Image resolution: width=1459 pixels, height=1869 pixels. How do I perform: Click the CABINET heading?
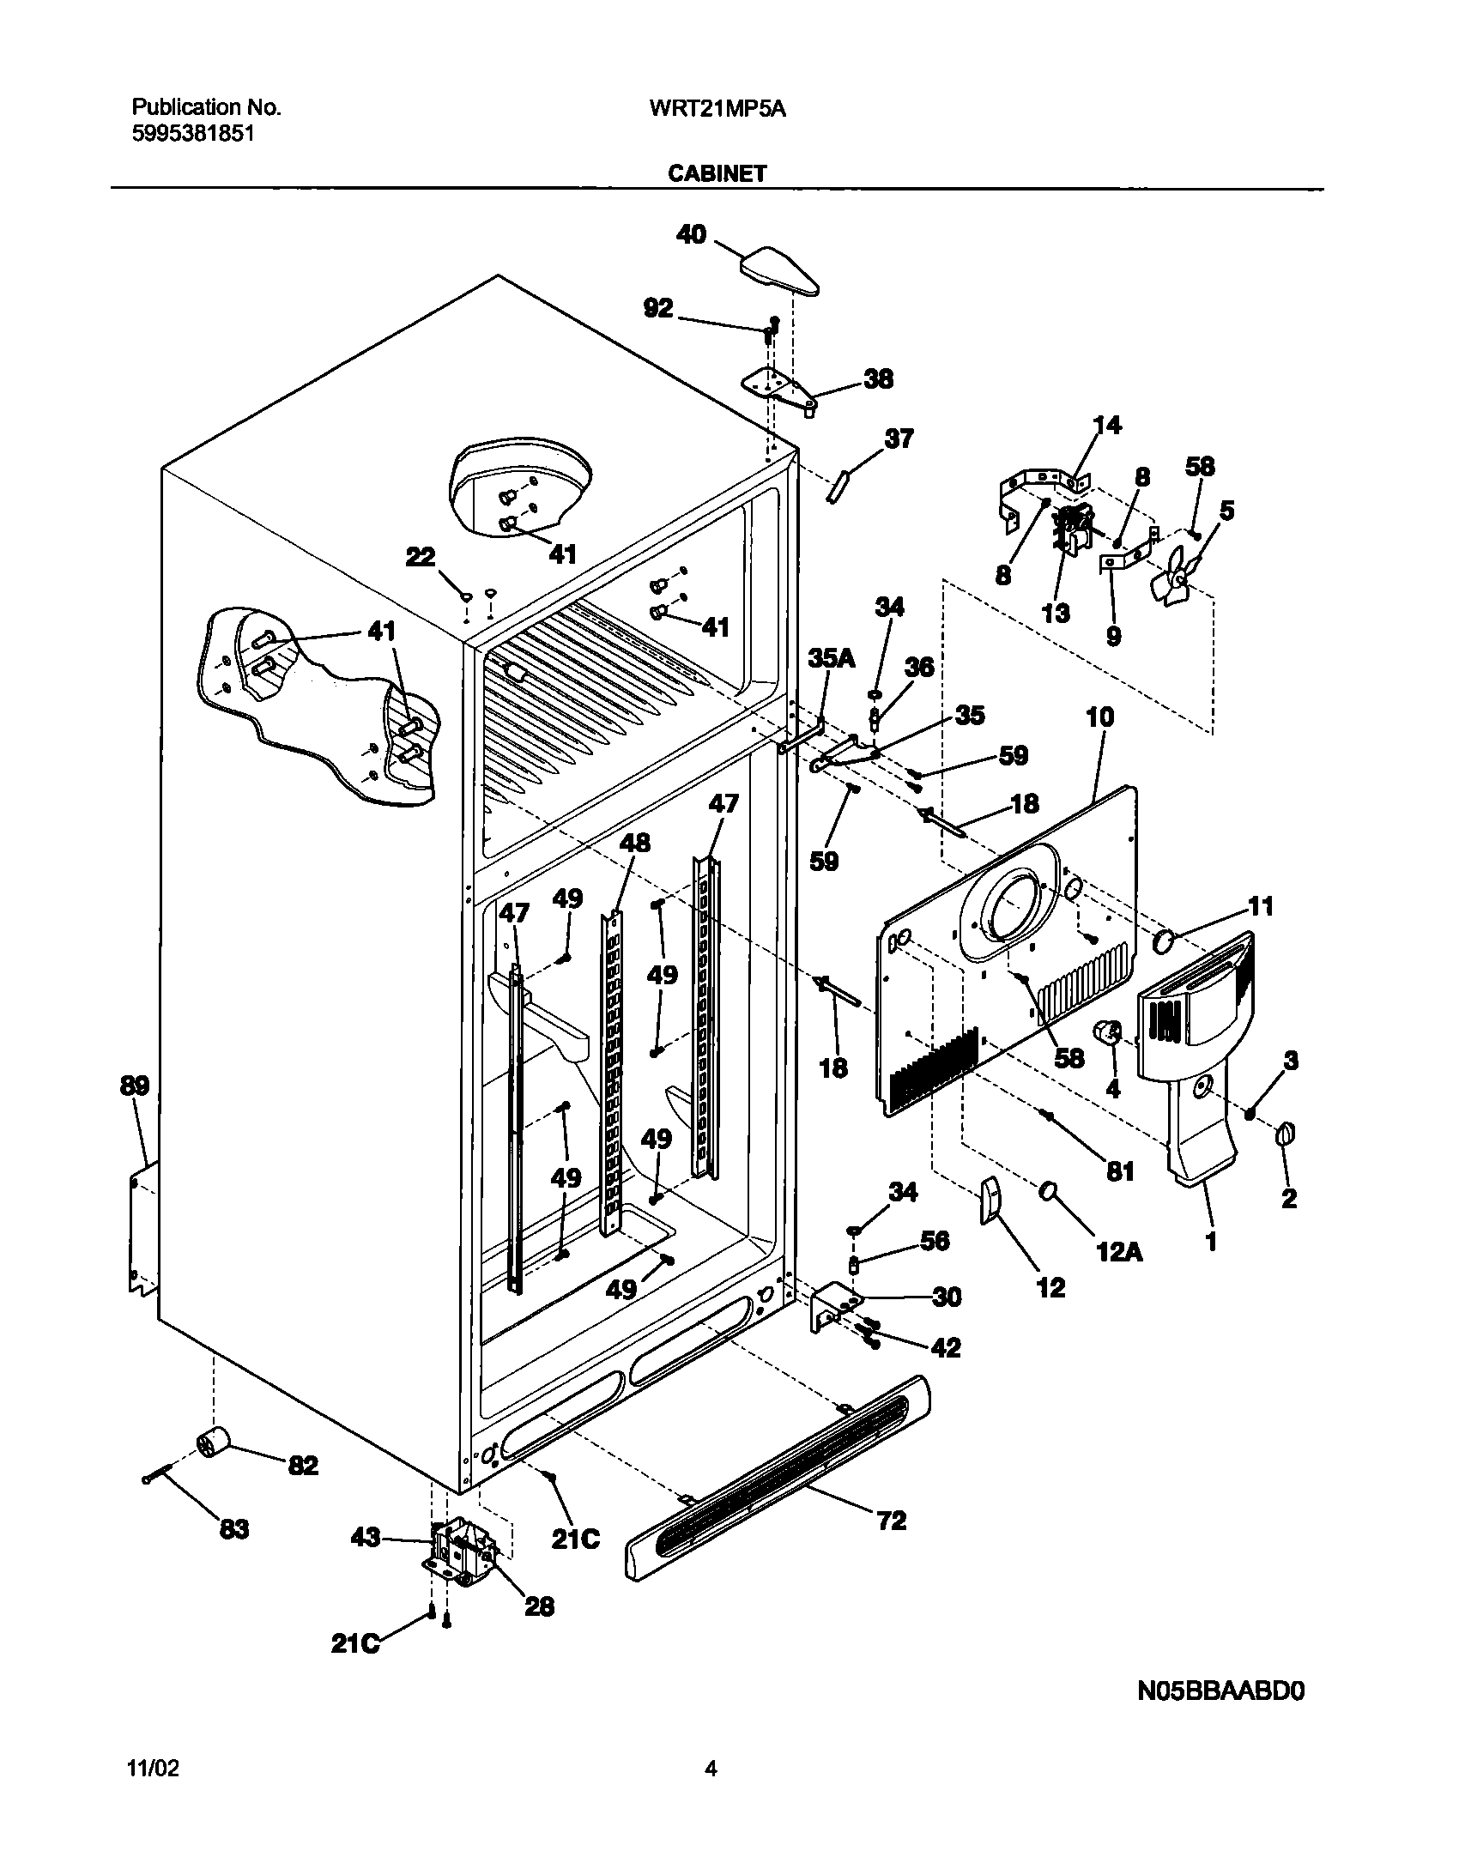[717, 173]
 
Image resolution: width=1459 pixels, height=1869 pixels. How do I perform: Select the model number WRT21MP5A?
[718, 108]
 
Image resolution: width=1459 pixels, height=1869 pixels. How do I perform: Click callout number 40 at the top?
[692, 234]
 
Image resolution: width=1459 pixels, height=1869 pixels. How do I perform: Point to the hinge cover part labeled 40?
[778, 271]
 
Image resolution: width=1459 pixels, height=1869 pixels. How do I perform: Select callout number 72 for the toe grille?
[891, 1521]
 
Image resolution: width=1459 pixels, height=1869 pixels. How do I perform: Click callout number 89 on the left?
[135, 1086]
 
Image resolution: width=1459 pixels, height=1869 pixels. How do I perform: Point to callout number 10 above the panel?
[1099, 717]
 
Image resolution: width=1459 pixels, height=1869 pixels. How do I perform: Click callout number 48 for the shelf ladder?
[635, 843]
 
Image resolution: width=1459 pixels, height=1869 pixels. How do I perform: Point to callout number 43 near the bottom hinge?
[366, 1539]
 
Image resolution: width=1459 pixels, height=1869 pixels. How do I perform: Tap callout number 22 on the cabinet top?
[421, 558]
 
